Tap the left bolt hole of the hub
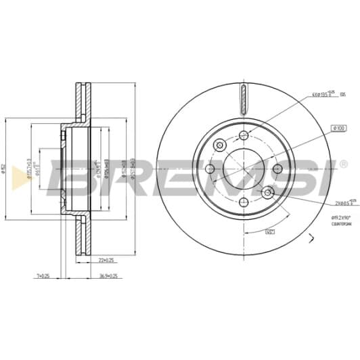pos(210,169)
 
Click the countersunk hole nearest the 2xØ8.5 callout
pos(268,194)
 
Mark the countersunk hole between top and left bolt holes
pos(220,145)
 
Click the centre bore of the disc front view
pos(244,169)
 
